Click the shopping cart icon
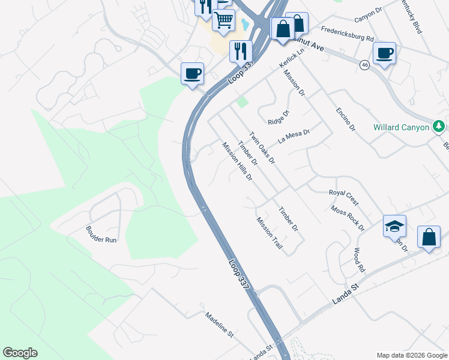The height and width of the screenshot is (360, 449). [x=224, y=20]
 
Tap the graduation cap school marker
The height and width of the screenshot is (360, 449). [x=394, y=226]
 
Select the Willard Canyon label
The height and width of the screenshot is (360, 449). [x=401, y=127]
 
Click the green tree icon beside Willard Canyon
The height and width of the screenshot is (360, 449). [x=439, y=126]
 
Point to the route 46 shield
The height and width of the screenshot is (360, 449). [x=364, y=65]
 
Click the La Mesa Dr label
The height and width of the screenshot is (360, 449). [x=294, y=136]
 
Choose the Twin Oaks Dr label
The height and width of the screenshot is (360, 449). [x=262, y=148]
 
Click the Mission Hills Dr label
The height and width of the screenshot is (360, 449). [x=237, y=161]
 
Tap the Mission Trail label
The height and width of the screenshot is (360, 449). [x=269, y=233]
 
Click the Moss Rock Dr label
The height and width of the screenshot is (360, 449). [x=348, y=217]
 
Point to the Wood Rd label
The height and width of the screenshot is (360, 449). [x=359, y=259]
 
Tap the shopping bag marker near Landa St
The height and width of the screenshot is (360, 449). [x=429, y=236]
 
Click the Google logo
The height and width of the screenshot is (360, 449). [x=20, y=353]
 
